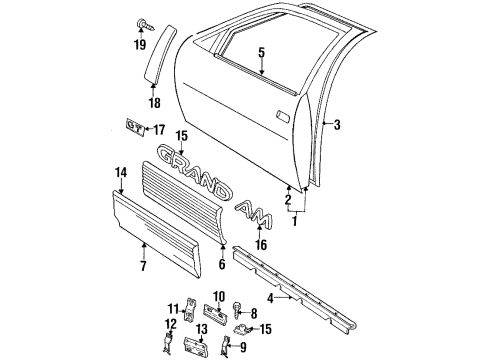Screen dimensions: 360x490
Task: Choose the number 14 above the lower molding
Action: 121,173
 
